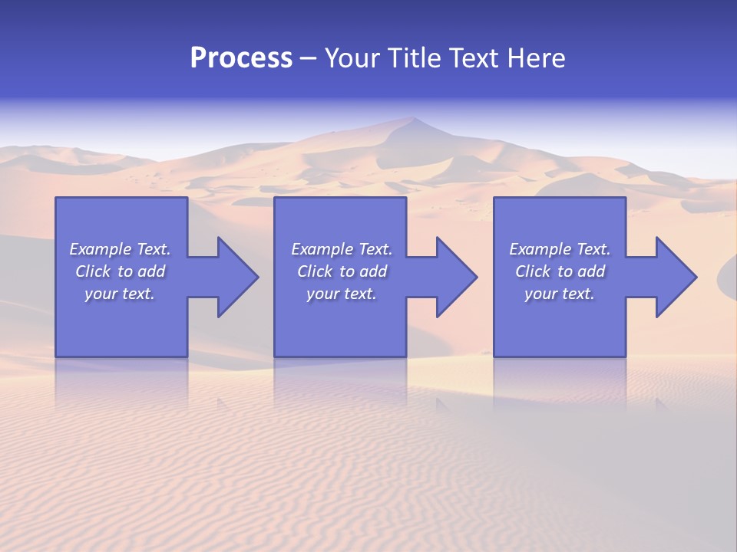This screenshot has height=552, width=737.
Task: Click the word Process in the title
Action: [x=241, y=58]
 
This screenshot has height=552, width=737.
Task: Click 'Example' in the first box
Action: [x=100, y=249]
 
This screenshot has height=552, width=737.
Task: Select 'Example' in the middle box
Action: [x=322, y=249]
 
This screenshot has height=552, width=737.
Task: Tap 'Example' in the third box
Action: [x=540, y=249]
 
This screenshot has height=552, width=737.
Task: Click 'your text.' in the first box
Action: [x=120, y=294]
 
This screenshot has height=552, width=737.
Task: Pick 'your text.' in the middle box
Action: [x=342, y=294]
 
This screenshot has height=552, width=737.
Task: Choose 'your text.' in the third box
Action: [x=560, y=294]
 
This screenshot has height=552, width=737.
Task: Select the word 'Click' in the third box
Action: [x=533, y=271]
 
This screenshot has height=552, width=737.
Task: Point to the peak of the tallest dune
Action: [x=414, y=118]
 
